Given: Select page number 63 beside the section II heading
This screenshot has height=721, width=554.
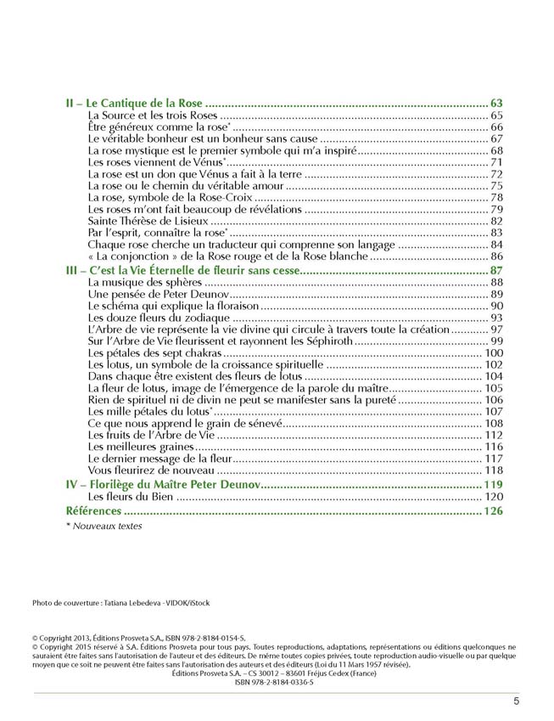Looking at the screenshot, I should click(497, 102).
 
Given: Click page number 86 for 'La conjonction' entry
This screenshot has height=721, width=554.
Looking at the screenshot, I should click(497, 256).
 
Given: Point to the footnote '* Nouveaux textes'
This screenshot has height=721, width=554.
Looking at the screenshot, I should click(104, 526).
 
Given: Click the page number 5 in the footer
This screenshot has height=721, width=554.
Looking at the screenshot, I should click(516, 701).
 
